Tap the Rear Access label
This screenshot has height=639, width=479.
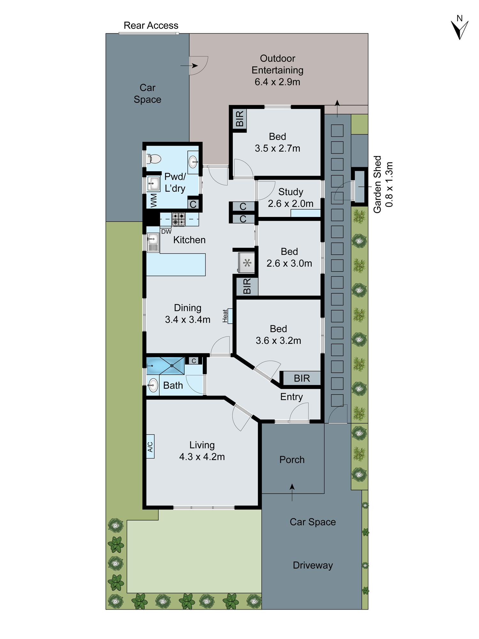(x=151, y=26)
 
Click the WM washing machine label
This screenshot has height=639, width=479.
(x=154, y=200)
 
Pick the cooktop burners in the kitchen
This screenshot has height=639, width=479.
(x=179, y=219)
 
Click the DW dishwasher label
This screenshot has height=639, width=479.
(x=166, y=232)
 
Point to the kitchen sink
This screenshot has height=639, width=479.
(x=153, y=243)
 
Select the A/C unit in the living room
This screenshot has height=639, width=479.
(x=150, y=446)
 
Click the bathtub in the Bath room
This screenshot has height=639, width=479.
(x=165, y=366)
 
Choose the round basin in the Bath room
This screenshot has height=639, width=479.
(x=153, y=385)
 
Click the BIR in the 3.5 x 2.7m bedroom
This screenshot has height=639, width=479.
(x=240, y=119)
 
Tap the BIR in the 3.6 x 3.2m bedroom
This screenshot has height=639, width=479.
(x=302, y=378)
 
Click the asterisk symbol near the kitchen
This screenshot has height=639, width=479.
(x=247, y=263)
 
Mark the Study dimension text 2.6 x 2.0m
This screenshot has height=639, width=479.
(x=290, y=204)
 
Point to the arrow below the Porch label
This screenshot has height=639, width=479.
(x=292, y=492)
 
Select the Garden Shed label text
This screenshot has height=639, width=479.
(x=377, y=184)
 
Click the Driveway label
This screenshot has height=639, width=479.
(x=313, y=565)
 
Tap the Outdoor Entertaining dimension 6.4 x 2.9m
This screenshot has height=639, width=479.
(x=277, y=82)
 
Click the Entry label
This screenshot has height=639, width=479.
(x=291, y=397)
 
